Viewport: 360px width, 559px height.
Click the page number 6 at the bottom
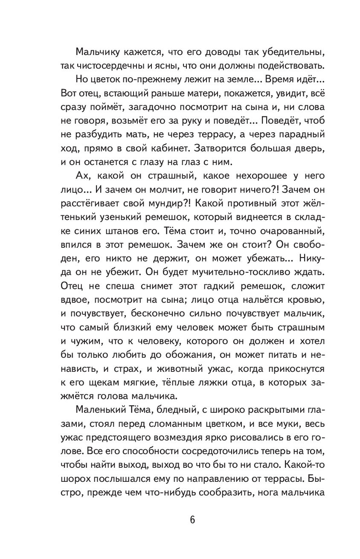(x=180, y=520)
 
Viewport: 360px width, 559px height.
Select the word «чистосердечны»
(x=102, y=66)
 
